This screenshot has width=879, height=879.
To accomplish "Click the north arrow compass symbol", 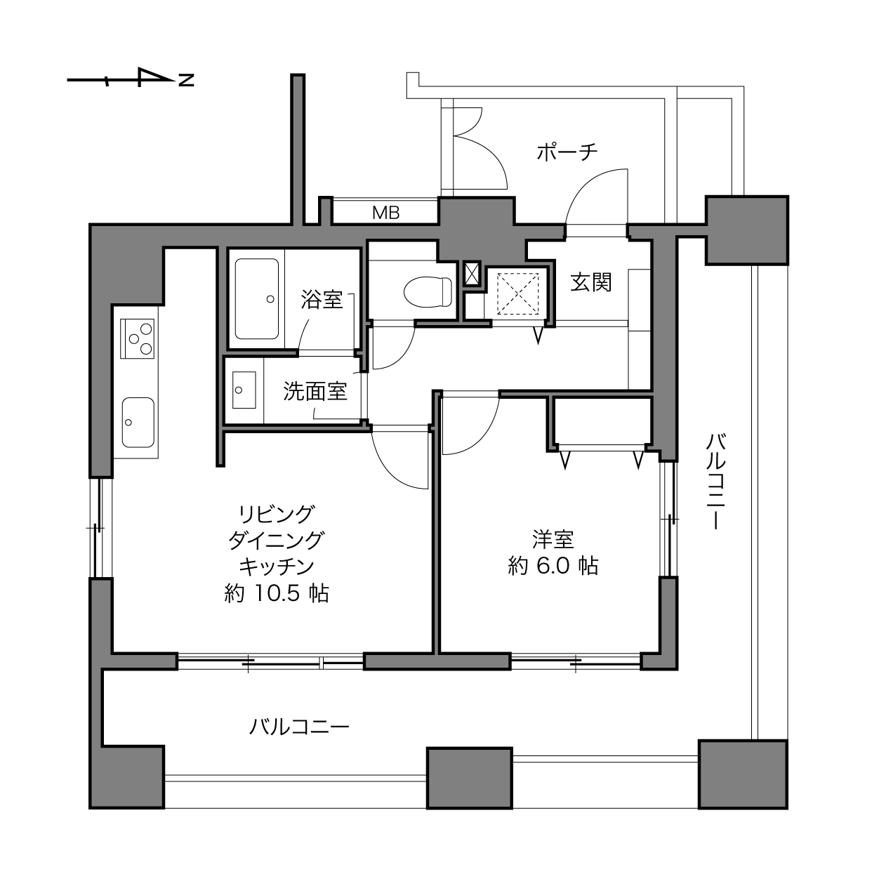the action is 131,78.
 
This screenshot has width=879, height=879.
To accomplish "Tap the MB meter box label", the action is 386,213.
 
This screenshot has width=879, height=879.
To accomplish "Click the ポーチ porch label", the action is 567,152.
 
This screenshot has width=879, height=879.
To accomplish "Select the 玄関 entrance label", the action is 590,282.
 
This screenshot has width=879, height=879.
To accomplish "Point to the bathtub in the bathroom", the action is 257,299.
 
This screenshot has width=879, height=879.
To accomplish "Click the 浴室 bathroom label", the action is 322,300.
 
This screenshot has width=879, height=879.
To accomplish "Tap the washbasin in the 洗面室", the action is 244,390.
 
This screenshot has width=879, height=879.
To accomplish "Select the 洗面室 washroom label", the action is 315,391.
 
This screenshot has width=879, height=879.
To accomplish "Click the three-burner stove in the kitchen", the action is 138,338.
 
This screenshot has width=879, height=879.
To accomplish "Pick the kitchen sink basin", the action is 138,422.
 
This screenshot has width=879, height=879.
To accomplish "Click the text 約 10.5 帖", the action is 277,593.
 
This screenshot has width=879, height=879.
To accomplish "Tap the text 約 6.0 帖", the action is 553,566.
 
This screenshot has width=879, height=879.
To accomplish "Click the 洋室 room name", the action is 553,539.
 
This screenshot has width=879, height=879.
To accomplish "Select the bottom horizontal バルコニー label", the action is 299,726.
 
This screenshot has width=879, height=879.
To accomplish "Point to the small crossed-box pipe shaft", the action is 472,273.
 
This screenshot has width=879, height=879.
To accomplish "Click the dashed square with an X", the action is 518,293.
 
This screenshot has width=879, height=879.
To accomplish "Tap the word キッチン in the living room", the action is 277,567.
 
